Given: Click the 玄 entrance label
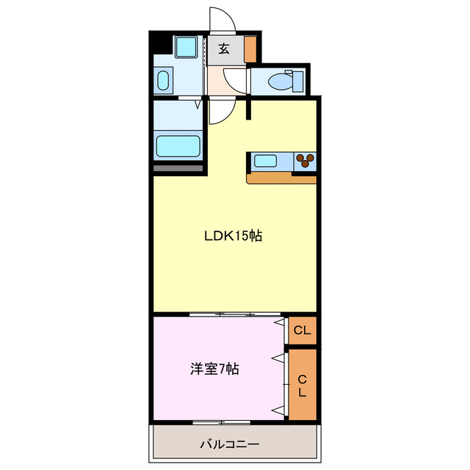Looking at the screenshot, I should pyautogui.click(x=223, y=49).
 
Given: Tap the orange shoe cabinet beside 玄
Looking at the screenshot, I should pyautogui.click(x=250, y=48).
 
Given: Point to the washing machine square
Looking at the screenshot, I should pyautogui.click(x=185, y=48).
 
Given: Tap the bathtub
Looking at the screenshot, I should pyautogui.click(x=178, y=145).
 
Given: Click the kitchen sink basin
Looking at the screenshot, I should pyautogui.click(x=265, y=159).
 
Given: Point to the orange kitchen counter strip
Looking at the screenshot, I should pyautogui.click(x=281, y=178).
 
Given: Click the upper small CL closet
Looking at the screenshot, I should pyautogui.click(x=302, y=330).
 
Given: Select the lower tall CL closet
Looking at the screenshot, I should pyautogui.click(x=302, y=385).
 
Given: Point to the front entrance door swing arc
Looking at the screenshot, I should pyautogui.click(x=222, y=20).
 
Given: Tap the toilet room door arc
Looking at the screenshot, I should pyautogui.click(x=235, y=79).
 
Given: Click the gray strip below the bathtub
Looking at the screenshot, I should pyautogui.click(x=178, y=169).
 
